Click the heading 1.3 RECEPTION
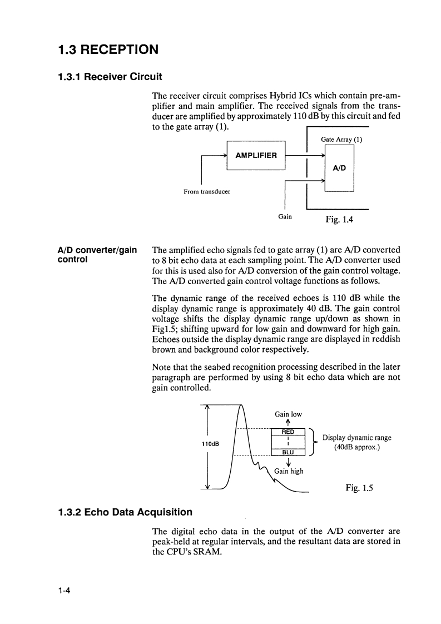108,49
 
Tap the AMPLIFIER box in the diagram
256,155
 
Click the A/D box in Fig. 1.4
339,167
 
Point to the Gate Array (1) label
341,140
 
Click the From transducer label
207,192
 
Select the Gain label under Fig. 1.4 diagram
285,216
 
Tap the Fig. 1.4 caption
339,219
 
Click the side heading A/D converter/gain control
97,255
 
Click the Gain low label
288,414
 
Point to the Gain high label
289,471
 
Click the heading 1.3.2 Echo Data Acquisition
125,512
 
